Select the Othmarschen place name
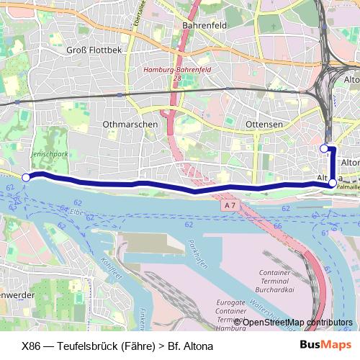coord(130,124)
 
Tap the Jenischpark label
coord(48,154)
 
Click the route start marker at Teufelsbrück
coord(26,177)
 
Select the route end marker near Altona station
coord(324,148)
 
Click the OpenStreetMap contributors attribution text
coord(295,323)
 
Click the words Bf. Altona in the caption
coord(190,346)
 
